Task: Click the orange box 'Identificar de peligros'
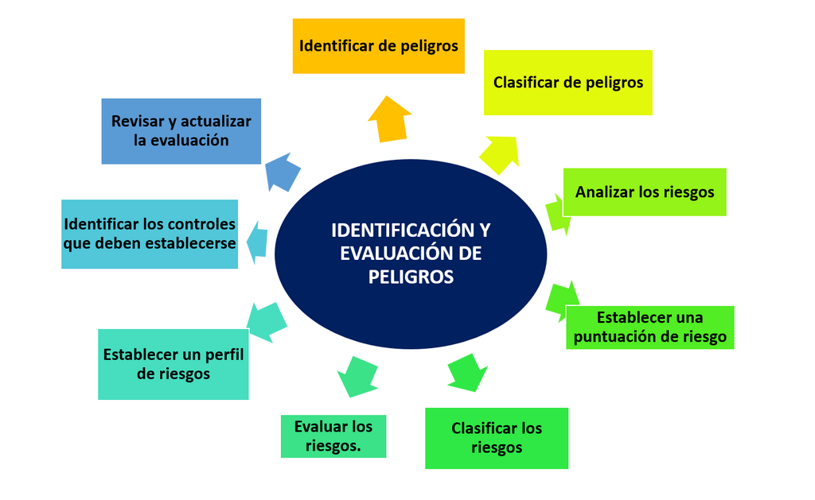[x=378, y=46]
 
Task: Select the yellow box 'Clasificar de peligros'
[x=568, y=83]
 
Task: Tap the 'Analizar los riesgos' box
[x=645, y=192]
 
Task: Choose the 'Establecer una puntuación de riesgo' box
[x=649, y=327]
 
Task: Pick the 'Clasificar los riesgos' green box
[x=497, y=438]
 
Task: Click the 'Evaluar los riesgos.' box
[x=333, y=436]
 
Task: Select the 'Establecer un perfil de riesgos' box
[x=173, y=365]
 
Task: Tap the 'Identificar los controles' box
[x=150, y=234]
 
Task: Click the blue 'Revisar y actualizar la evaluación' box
[x=181, y=131]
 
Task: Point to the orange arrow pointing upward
[x=389, y=119]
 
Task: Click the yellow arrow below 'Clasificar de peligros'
[x=500, y=154]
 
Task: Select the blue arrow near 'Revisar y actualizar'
[x=283, y=172]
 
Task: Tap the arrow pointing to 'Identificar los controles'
[x=257, y=242]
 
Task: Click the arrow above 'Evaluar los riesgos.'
[x=357, y=377]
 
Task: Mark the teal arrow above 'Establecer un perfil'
[x=266, y=322]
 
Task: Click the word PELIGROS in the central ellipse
[x=411, y=277]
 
